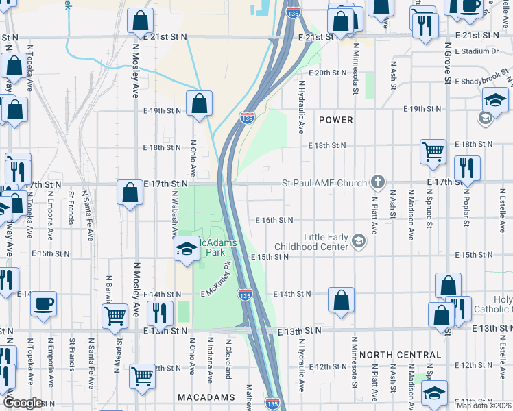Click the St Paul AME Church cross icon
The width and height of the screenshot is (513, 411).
pos(377,182)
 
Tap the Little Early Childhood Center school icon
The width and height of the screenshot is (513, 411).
pos(358,240)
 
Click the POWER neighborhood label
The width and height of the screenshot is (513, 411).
pos(336,120)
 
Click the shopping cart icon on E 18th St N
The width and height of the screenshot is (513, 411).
pos(433,151)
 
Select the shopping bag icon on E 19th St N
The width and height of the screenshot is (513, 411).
pos(199,104)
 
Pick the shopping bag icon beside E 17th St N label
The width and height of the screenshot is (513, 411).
pos(130,192)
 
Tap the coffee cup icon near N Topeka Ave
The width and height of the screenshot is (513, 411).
pos(44,303)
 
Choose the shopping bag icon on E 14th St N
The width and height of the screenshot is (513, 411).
pos(341,299)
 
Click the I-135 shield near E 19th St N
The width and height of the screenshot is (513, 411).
pos(248,119)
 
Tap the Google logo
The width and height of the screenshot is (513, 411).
pos(22,403)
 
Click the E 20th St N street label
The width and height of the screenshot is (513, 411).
pos(329,72)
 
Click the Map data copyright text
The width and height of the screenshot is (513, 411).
pos(484,405)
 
